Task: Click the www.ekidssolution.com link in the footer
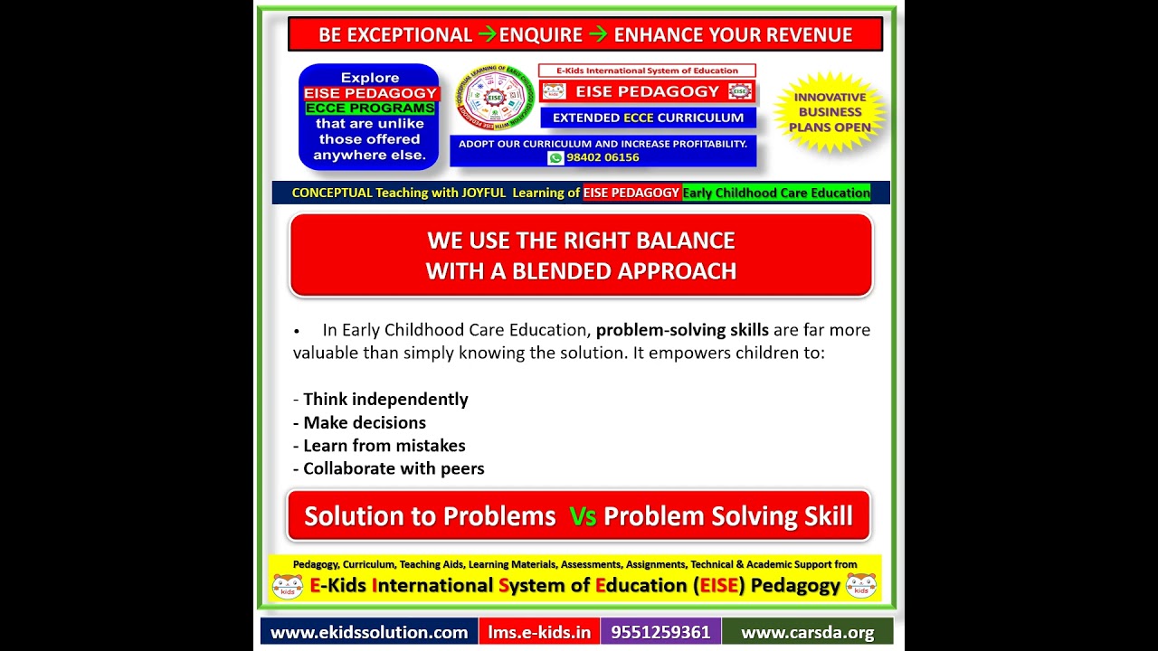[369, 632]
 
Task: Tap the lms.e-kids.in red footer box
[539, 632]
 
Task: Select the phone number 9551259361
[660, 632]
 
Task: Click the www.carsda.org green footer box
[807, 632]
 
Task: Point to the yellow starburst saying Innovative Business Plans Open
[830, 112]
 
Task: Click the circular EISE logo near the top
[494, 97]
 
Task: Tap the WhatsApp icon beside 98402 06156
[555, 157]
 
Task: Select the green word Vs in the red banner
[583, 516]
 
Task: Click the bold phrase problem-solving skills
[682, 330]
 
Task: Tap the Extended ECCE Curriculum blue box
[648, 118]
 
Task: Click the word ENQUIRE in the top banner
[541, 35]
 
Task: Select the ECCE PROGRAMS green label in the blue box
[369, 108]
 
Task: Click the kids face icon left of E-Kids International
[288, 587]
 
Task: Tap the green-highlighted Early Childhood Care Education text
[776, 193]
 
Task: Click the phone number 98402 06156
[603, 157]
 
